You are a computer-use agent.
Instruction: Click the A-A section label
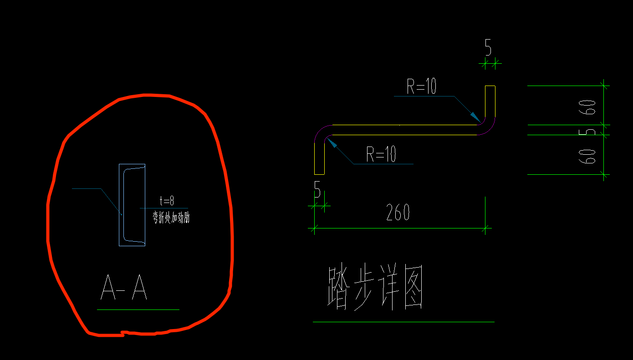point(123,289)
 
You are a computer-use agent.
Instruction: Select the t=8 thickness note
point(167,201)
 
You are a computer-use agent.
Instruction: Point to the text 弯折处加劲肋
point(171,218)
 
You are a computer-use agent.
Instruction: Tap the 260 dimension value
point(398,213)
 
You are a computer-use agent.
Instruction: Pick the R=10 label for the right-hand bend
point(421,86)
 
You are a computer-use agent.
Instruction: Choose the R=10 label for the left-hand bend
point(381,155)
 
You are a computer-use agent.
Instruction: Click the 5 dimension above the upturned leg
point(488,47)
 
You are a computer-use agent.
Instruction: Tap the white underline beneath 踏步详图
point(403,322)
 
